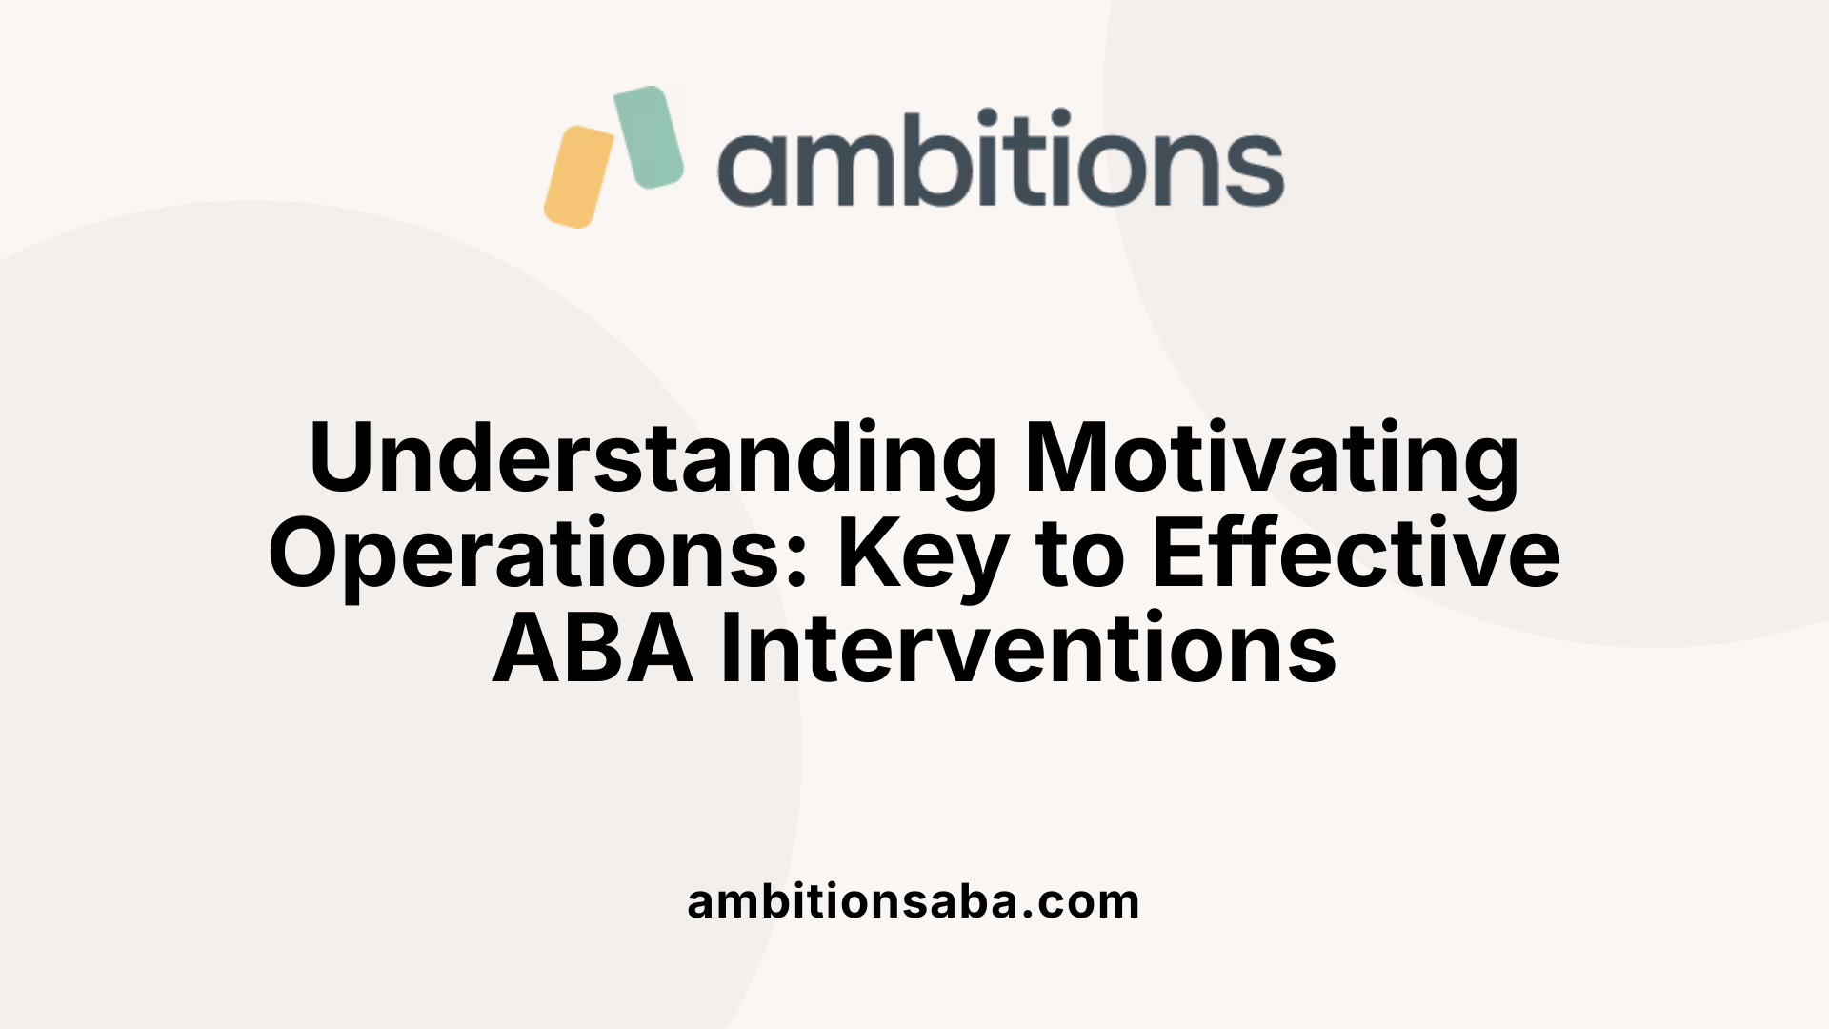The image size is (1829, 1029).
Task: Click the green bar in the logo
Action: [x=648, y=136]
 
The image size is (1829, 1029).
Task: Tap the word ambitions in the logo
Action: [x=1000, y=159]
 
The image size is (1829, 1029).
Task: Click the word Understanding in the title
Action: [x=653, y=458]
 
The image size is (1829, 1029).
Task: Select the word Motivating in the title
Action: [x=1272, y=460]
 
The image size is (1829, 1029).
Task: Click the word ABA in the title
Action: [x=593, y=649]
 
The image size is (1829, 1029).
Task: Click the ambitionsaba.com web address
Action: [x=914, y=901]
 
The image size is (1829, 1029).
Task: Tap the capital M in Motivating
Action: [x=1067, y=458]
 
